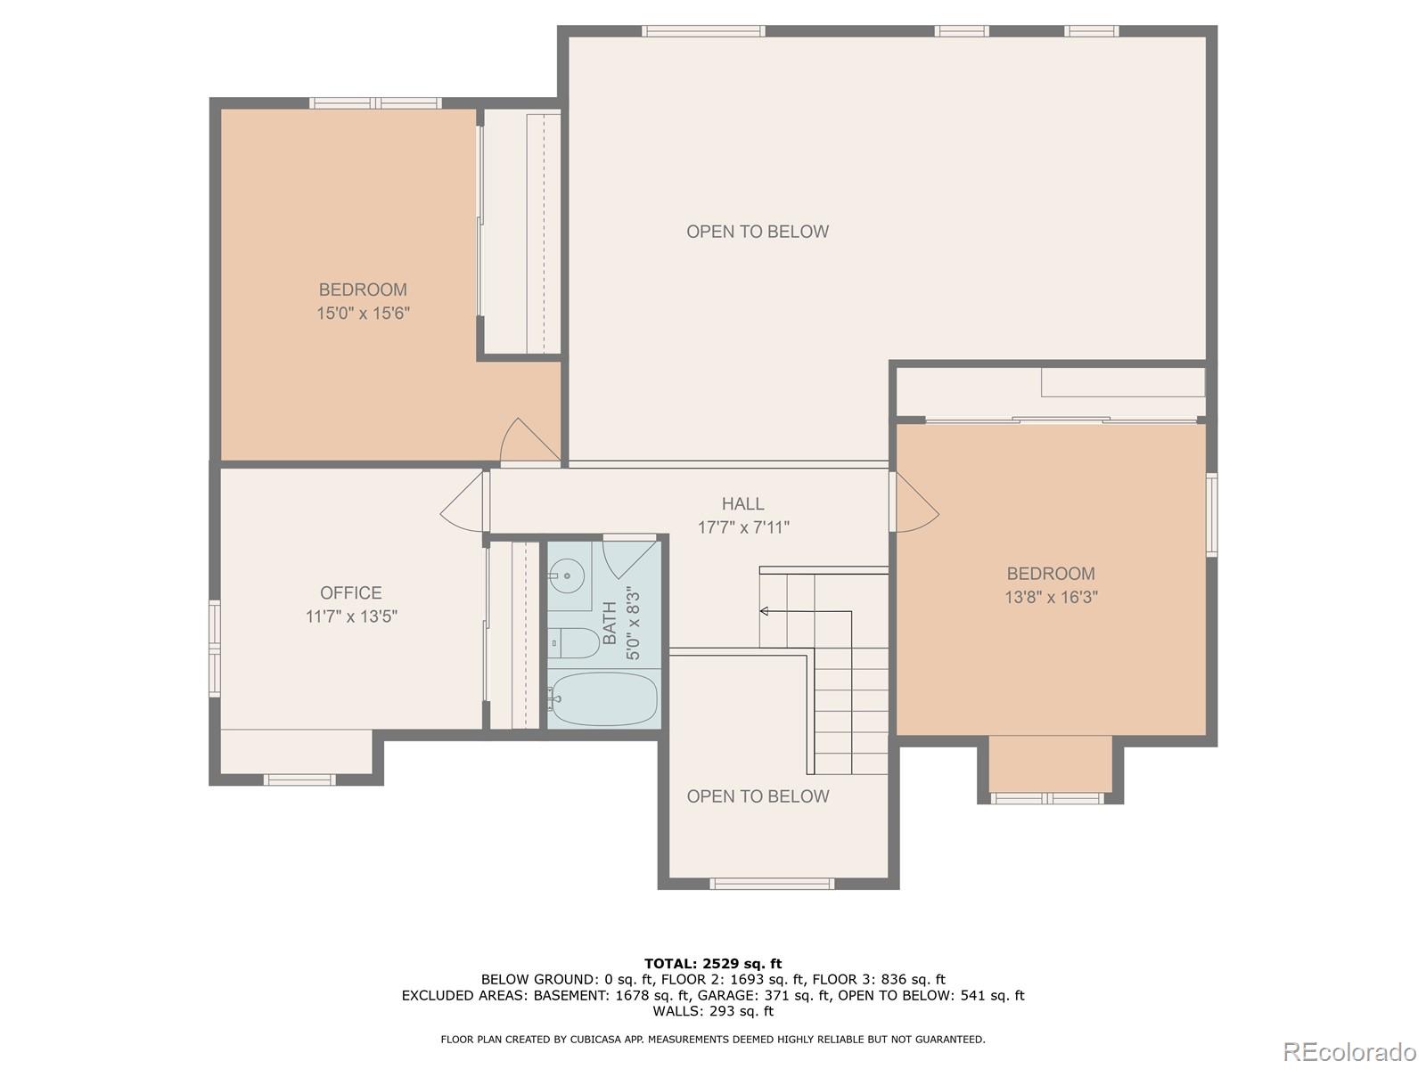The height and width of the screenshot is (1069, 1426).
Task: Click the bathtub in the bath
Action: [x=602, y=698]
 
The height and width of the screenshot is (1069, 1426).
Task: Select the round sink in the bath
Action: [x=567, y=575]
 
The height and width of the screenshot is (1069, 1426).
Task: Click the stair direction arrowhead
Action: [x=764, y=611]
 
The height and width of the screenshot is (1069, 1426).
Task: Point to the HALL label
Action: [x=742, y=503]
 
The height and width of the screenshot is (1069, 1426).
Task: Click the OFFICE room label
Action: [x=351, y=592]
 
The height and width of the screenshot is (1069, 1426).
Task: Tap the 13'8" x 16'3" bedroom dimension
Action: [x=1051, y=597]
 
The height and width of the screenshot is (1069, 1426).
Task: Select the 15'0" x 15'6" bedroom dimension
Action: [x=363, y=314]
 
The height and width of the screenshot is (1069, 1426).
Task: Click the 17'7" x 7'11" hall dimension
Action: [x=743, y=527]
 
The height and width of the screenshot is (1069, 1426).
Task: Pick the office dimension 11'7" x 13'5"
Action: [x=351, y=616]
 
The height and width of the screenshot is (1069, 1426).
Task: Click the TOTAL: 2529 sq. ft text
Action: [x=713, y=963]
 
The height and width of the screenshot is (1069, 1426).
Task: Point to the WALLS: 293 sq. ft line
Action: [x=713, y=1010]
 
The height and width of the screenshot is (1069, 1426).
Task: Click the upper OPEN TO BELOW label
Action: [x=758, y=232]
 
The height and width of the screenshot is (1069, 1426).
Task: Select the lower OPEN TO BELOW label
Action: [x=758, y=796]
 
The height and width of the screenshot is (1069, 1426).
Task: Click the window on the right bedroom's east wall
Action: [x=1212, y=515]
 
